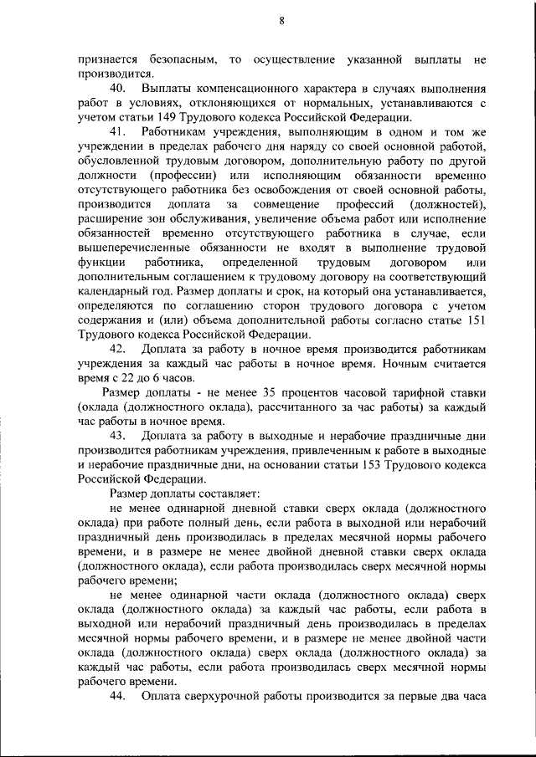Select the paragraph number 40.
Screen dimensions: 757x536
click(119, 89)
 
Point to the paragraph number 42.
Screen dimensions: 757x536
click(119, 347)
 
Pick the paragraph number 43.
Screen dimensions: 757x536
click(119, 436)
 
